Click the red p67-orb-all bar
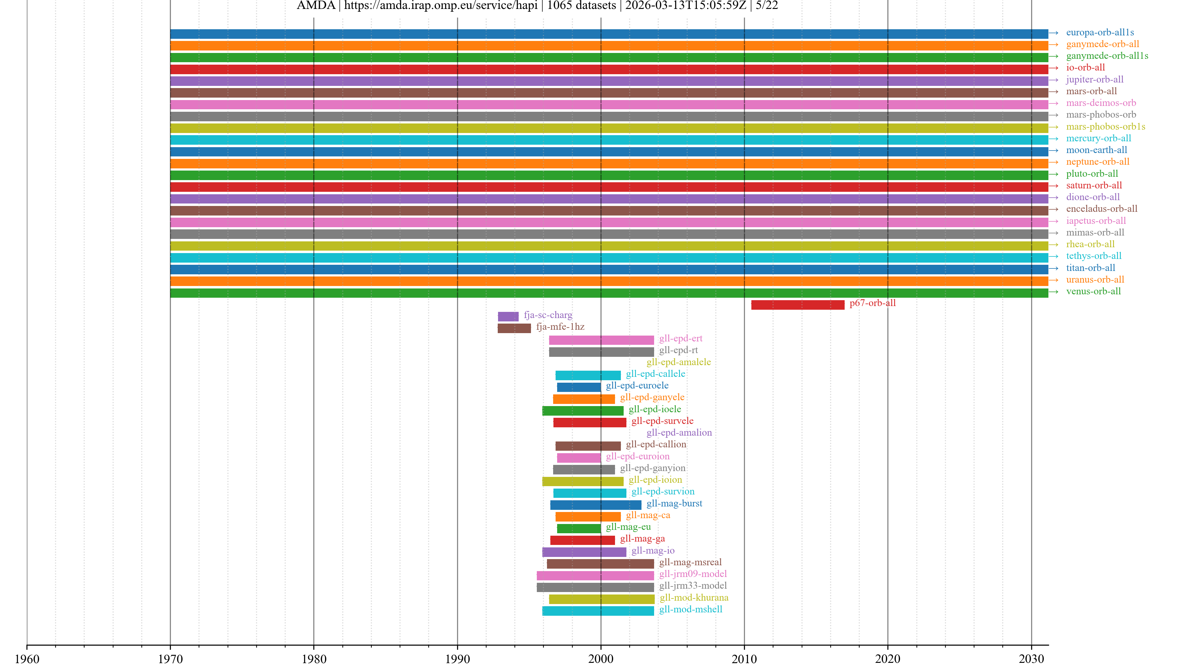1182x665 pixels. pos(798,305)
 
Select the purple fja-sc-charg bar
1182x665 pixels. pos(508,316)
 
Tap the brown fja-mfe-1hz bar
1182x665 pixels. pos(514,328)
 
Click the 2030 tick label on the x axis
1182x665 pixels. pos(1031,659)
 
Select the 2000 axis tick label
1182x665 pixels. pos(601,659)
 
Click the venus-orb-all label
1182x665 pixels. pos(1093,292)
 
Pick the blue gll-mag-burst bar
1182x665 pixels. pos(596,505)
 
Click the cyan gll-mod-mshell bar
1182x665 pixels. pos(598,611)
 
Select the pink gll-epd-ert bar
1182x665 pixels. pos(601,340)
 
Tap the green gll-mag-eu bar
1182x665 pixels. pos(579,528)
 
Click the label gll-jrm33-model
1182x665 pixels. pos(693,586)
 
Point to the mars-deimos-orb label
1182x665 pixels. pos(1101,103)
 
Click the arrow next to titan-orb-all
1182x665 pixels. pos(1054,268)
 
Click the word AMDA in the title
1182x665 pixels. pos(316,6)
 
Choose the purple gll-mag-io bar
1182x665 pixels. pos(584,552)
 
